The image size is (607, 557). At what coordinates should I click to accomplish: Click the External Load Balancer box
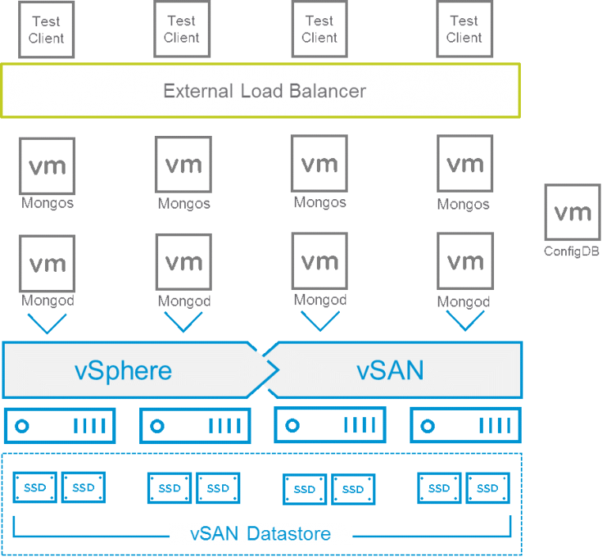point(261,90)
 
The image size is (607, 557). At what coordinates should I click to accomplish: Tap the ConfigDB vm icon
point(572,212)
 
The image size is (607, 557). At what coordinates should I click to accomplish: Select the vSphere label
point(123,370)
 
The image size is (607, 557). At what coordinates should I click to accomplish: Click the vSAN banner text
point(390,370)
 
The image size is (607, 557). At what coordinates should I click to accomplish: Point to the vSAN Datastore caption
point(261,534)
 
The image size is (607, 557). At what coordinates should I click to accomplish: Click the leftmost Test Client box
point(46,30)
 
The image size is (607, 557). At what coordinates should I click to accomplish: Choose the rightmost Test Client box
point(464,30)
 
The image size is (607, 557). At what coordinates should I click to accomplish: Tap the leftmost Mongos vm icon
point(47,166)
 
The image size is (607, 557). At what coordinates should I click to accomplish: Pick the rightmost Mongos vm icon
point(465,164)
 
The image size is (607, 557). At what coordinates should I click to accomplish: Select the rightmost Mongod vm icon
point(465,261)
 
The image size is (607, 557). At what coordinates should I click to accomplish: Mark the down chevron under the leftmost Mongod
point(47,322)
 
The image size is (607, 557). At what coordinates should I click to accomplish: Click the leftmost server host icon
point(60,426)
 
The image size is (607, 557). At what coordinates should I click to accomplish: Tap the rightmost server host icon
point(465,426)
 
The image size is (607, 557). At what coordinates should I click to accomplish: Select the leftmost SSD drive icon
point(35,487)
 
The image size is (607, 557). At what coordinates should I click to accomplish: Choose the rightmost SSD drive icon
point(488,488)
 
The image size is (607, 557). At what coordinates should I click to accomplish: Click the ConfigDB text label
point(571,251)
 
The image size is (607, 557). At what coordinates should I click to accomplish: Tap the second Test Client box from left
point(182,30)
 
